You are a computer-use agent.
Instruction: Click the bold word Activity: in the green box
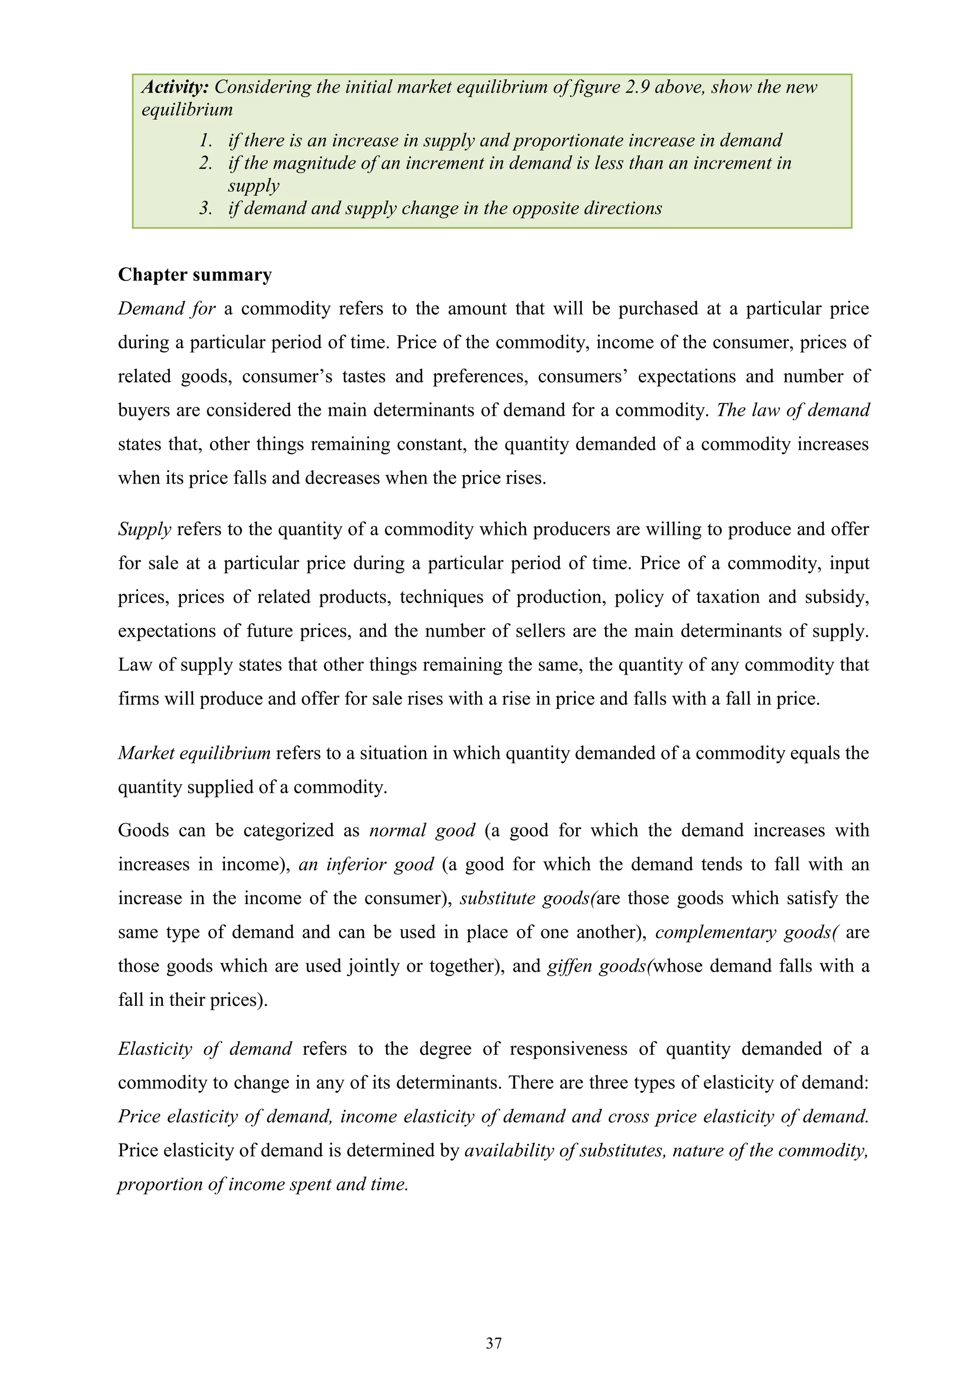pyautogui.click(x=175, y=87)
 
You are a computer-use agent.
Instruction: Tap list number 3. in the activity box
pyautogui.click(x=206, y=208)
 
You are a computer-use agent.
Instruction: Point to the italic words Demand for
pyautogui.click(x=166, y=308)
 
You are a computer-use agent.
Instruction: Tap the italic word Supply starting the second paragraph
pyautogui.click(x=144, y=529)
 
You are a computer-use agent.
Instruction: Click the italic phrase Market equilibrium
pyautogui.click(x=194, y=753)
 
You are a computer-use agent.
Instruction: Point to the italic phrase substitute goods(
pyautogui.click(x=527, y=898)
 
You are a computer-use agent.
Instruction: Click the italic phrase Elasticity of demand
pyautogui.click(x=205, y=1049)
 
